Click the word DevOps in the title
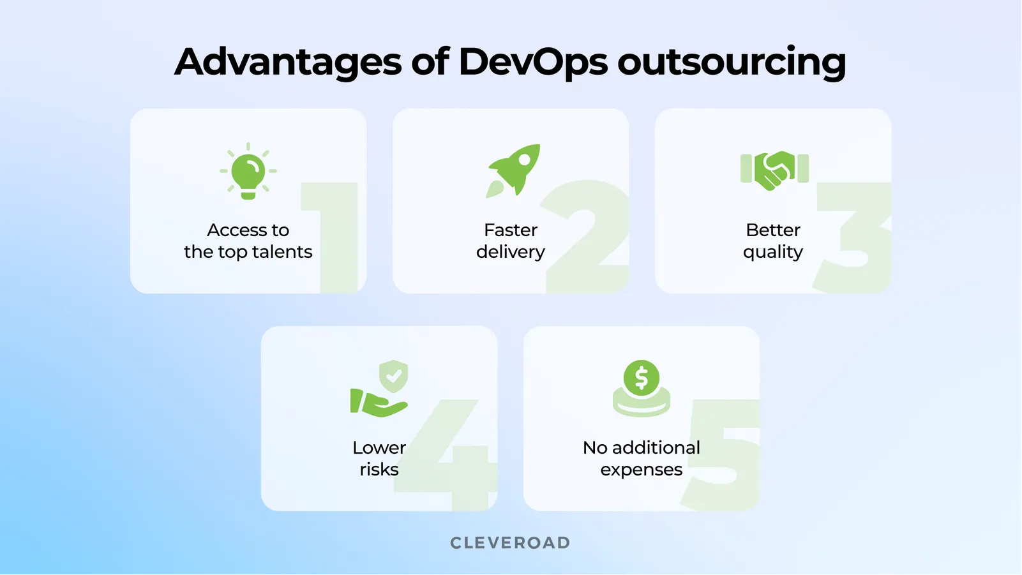(x=532, y=62)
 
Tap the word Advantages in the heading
(x=288, y=63)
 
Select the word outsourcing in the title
(x=732, y=63)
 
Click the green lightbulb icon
(x=248, y=172)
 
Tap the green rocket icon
(x=515, y=169)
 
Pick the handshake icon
(x=774, y=170)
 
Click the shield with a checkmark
(x=393, y=376)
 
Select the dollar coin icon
(x=642, y=378)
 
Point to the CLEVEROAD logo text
(x=510, y=543)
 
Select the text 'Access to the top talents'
(x=248, y=241)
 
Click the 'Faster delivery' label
(x=511, y=241)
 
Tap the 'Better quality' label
(x=773, y=241)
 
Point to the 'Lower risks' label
(x=379, y=458)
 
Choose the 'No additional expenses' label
(x=642, y=458)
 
